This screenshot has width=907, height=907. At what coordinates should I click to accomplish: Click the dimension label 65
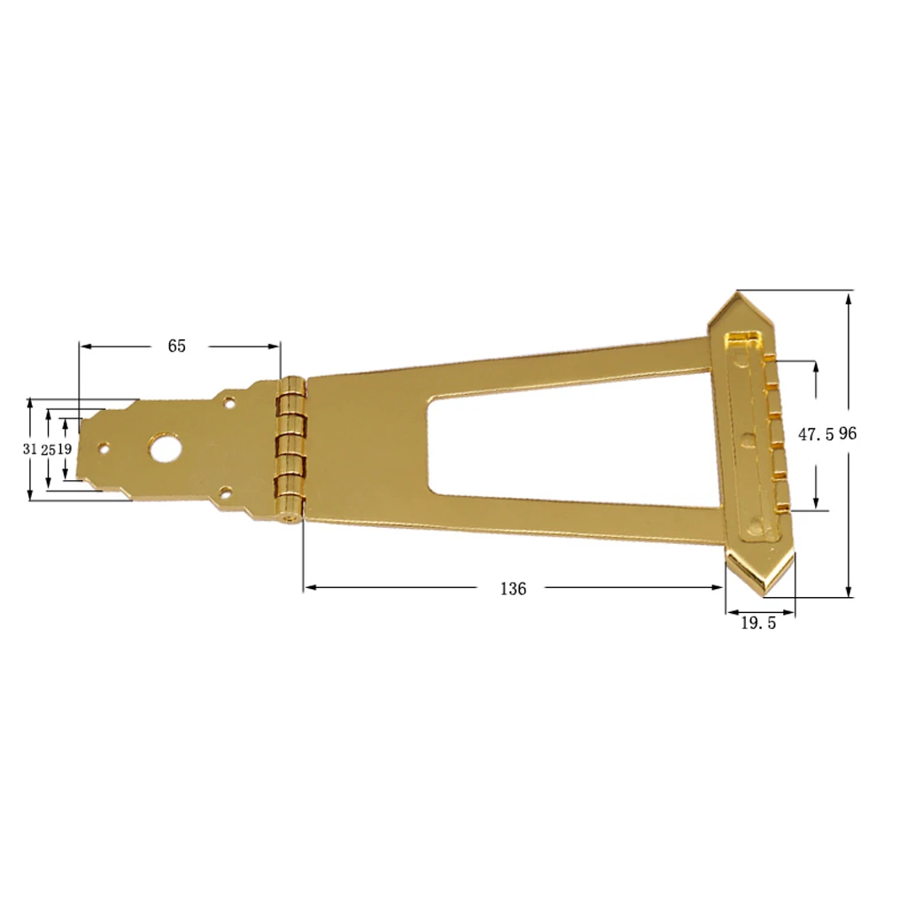click(x=177, y=346)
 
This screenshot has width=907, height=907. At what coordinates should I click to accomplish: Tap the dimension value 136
click(x=513, y=588)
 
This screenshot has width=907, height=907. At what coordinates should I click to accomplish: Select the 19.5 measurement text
click(x=758, y=624)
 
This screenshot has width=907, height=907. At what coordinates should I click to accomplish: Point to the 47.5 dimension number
click(x=816, y=435)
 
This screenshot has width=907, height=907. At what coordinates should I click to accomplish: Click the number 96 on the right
click(x=848, y=434)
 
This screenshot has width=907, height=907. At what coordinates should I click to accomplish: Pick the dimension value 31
click(x=30, y=449)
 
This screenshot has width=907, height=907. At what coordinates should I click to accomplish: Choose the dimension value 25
click(x=48, y=449)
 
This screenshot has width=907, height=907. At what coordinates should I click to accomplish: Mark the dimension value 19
click(x=65, y=449)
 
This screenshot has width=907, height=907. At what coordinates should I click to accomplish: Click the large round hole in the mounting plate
click(x=162, y=448)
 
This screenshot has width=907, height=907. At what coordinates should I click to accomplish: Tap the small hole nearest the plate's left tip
click(x=105, y=448)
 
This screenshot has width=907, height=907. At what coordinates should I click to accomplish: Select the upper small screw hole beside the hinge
click(x=229, y=403)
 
